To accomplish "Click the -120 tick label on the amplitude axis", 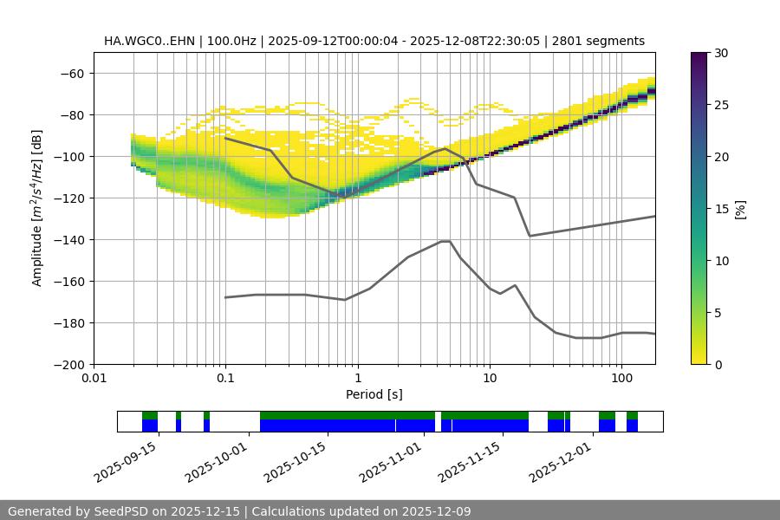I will [x=73, y=198].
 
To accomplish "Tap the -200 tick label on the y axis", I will [x=73, y=364].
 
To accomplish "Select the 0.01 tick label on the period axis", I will [x=94, y=379].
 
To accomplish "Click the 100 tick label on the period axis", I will [x=621, y=379].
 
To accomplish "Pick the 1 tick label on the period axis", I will [x=357, y=379].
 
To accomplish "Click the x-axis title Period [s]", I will [x=374, y=394].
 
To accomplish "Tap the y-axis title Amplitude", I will [x=37, y=208].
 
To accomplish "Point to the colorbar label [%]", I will [x=740, y=209].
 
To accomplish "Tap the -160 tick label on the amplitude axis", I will [x=73, y=281].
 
